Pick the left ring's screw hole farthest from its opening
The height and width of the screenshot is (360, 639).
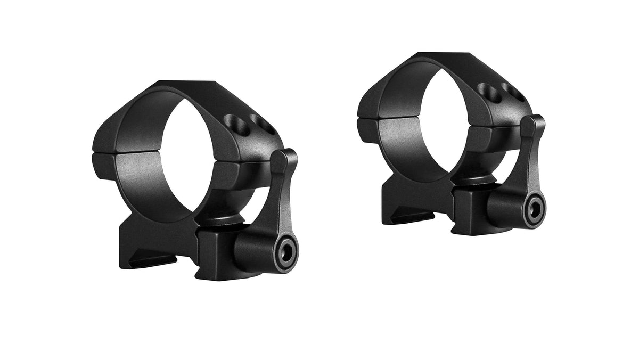263,127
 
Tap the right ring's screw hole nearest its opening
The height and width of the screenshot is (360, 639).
489,92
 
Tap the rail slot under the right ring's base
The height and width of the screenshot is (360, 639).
410,217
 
